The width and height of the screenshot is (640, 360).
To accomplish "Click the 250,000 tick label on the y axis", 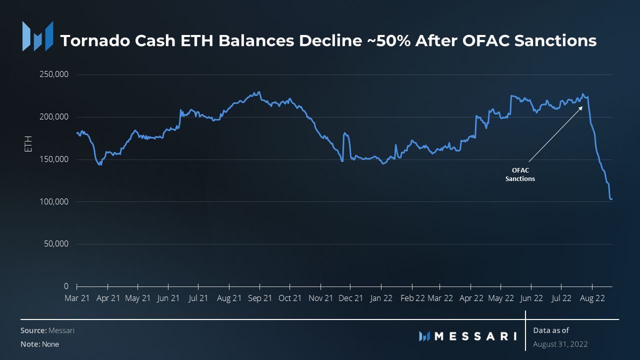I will pyautogui.click(x=54, y=74).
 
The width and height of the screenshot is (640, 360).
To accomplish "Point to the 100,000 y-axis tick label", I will pyautogui.click(x=54, y=202).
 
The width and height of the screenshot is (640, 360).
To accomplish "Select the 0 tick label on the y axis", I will pyautogui.click(x=66, y=286).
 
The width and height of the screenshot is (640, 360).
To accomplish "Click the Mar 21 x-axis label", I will pyautogui.click(x=77, y=298).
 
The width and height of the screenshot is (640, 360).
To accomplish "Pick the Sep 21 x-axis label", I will pyautogui.click(x=259, y=298).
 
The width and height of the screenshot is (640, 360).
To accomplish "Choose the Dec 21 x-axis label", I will pyautogui.click(x=350, y=298).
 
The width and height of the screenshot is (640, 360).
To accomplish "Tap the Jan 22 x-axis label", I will pyautogui.click(x=381, y=298).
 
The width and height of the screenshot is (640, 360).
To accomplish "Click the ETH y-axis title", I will pyautogui.click(x=28, y=144).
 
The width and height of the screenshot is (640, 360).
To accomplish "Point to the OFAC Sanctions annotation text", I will pyautogui.click(x=520, y=174).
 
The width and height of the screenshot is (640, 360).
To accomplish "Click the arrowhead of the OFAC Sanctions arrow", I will pyautogui.click(x=581, y=107).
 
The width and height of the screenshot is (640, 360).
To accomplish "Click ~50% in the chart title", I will pyautogui.click(x=385, y=40).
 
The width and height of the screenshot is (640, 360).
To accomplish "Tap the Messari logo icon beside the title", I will pyautogui.click(x=37, y=36).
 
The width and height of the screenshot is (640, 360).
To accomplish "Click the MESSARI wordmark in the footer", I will pyautogui.click(x=475, y=336).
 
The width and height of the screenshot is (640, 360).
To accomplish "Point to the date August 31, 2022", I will pyautogui.click(x=560, y=344).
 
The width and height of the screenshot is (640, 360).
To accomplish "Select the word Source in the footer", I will pyautogui.click(x=33, y=330).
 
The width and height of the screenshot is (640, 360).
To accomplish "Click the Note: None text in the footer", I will pyautogui.click(x=39, y=344).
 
